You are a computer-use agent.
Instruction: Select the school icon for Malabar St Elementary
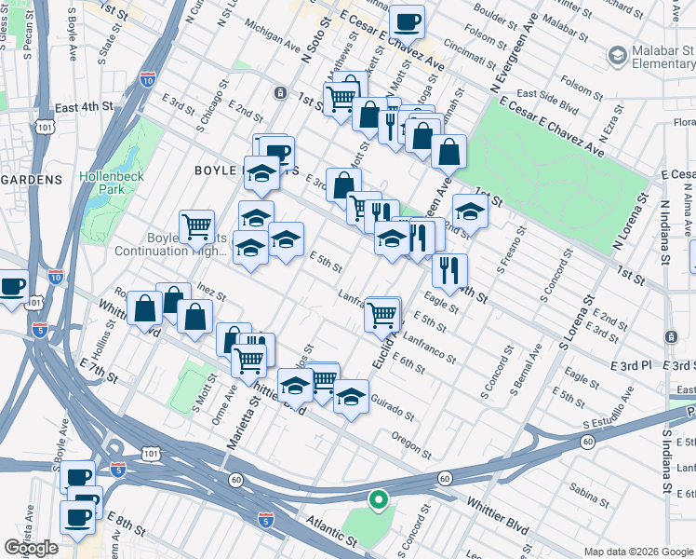click(616, 56)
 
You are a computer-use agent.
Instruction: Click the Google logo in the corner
click(31, 548)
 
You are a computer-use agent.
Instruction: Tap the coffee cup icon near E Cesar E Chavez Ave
click(406, 20)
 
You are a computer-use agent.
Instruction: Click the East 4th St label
click(83, 108)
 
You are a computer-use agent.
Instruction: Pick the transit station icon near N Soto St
click(280, 93)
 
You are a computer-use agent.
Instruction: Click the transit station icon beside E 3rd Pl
click(671, 335)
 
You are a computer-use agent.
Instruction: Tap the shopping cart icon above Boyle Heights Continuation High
click(196, 225)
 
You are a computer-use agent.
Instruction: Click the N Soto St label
click(316, 48)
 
